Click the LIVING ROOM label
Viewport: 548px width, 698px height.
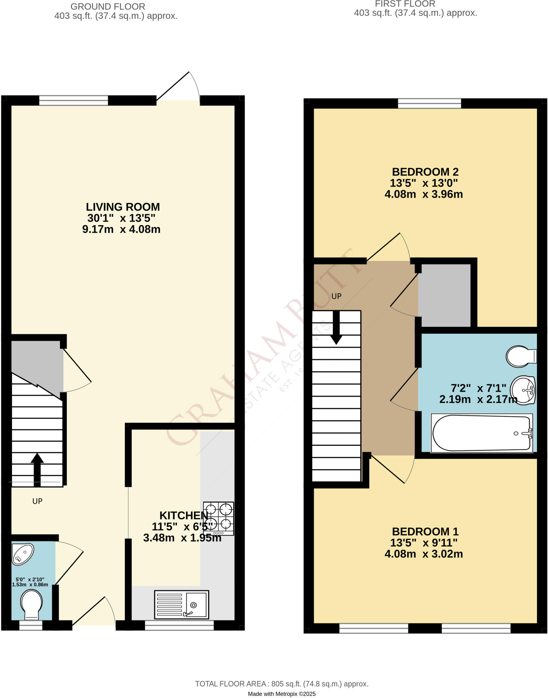(x=123, y=207)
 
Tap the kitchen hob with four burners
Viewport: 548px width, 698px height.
(x=218, y=518)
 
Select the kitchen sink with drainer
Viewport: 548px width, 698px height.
(x=181, y=605)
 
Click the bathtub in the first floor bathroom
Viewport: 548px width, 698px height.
(x=482, y=433)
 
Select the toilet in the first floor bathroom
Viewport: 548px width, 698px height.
(x=521, y=356)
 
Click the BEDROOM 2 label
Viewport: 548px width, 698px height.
(x=425, y=172)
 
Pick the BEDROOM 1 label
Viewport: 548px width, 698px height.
(x=425, y=531)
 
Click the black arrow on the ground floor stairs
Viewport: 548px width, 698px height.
(x=37, y=469)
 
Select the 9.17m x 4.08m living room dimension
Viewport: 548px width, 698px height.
(x=121, y=229)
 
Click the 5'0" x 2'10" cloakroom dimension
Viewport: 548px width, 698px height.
(x=30, y=579)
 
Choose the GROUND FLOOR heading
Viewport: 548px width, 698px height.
(x=108, y=6)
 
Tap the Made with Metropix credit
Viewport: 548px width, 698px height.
(x=281, y=684)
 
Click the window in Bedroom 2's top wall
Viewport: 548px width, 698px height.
(x=429, y=103)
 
